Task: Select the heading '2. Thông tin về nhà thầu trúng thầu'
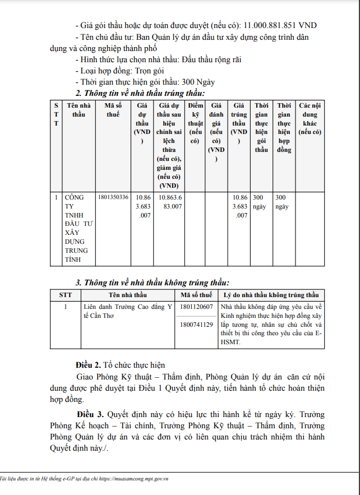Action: [140, 93]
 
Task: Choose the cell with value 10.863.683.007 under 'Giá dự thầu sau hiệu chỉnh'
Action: [170, 202]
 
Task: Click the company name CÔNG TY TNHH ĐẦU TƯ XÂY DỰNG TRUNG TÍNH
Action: [76, 228]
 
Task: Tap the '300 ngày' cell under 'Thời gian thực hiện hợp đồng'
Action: [283, 202]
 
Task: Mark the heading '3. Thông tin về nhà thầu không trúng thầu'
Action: [152, 283]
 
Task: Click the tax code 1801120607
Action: [196, 307]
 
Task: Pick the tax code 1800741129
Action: [196, 325]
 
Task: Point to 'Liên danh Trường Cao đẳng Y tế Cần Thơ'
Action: [126, 312]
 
